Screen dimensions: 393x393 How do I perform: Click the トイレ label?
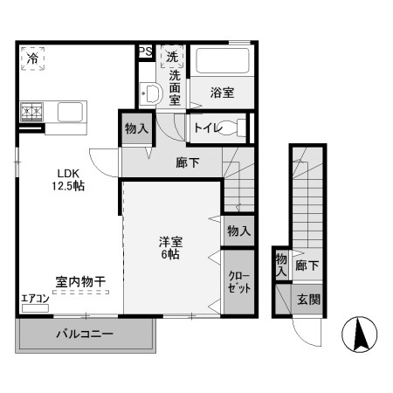[207, 128]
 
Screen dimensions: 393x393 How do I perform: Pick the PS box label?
[145, 52]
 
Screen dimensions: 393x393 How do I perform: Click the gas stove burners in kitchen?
[34, 112]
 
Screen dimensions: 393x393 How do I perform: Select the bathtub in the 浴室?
[224, 62]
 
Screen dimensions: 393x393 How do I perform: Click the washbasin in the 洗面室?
[148, 95]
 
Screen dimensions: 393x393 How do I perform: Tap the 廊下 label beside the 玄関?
[307, 265]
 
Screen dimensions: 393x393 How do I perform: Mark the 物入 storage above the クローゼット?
[239, 231]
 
